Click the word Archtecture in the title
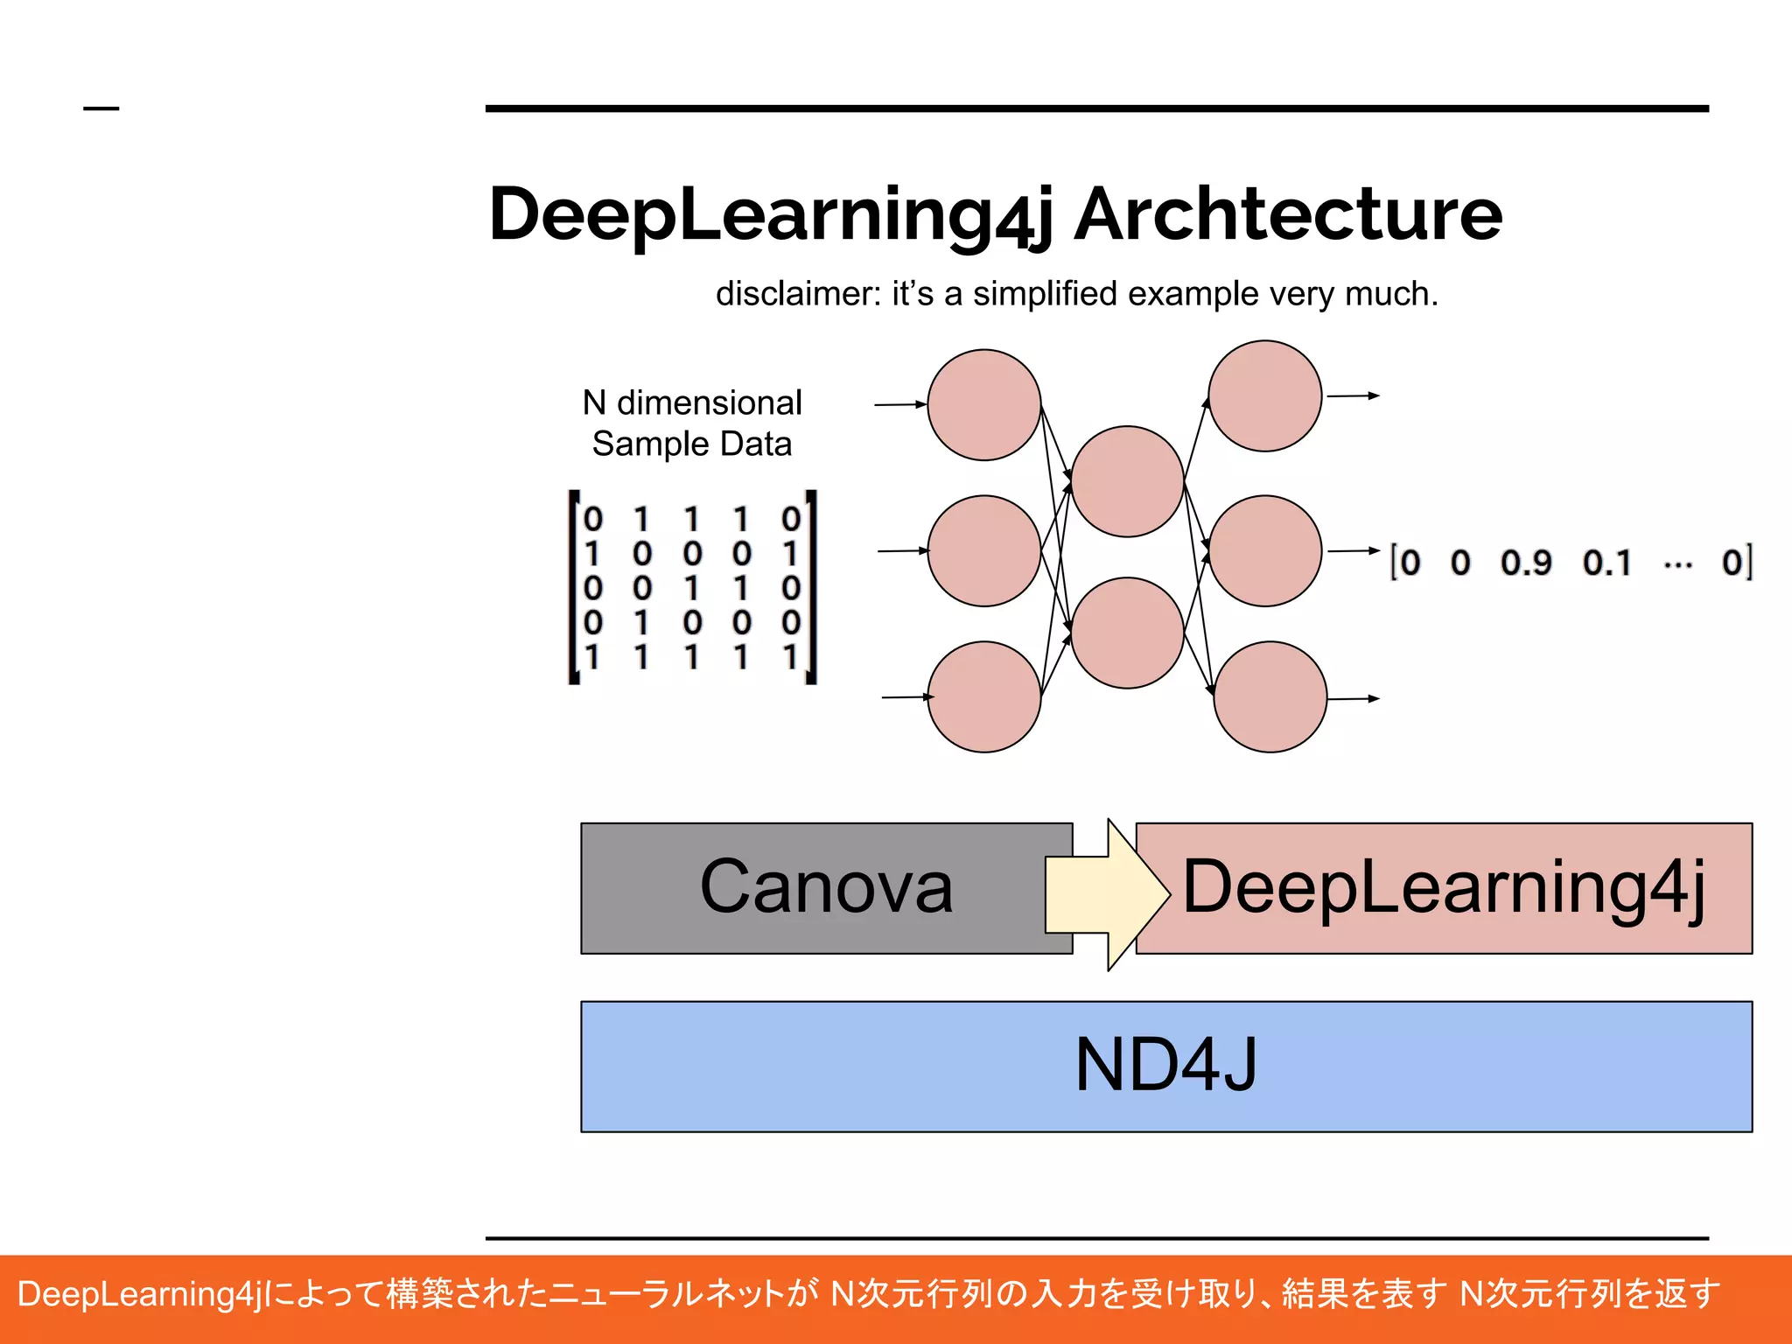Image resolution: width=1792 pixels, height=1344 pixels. (x=1288, y=214)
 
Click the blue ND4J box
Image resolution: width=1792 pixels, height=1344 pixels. (x=1165, y=1066)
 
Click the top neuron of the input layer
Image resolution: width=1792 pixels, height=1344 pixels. (x=984, y=405)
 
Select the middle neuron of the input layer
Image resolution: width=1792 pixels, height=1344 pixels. (x=984, y=551)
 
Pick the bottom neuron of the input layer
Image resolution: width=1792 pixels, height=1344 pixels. (x=984, y=696)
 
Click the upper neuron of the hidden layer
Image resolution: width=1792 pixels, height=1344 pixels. (x=1128, y=481)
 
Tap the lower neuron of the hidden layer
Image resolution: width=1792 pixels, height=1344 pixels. (x=1128, y=633)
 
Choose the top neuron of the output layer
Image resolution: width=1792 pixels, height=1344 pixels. (x=1265, y=396)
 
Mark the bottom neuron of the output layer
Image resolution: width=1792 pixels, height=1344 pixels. (x=1270, y=696)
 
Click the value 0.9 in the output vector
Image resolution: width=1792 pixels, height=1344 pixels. (x=1526, y=563)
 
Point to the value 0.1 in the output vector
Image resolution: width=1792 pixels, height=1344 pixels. (x=1607, y=563)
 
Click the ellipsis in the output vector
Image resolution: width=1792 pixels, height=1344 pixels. (x=1677, y=564)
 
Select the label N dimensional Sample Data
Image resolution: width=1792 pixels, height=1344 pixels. (x=692, y=423)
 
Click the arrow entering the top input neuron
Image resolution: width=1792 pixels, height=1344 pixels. (x=900, y=405)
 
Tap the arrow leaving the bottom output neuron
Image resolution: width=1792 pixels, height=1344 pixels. (x=1354, y=699)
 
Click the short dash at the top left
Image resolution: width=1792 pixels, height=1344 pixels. (x=101, y=108)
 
